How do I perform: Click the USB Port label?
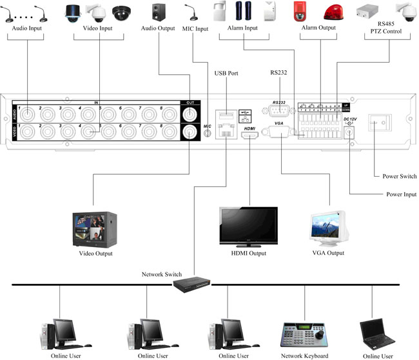(226, 74)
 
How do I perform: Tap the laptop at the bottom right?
(376, 334)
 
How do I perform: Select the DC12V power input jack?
(349, 132)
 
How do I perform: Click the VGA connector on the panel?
(279, 132)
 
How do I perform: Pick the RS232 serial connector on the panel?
(278, 110)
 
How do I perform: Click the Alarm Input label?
(242, 29)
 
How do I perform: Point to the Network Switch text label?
(162, 274)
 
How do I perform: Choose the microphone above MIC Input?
(193, 12)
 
